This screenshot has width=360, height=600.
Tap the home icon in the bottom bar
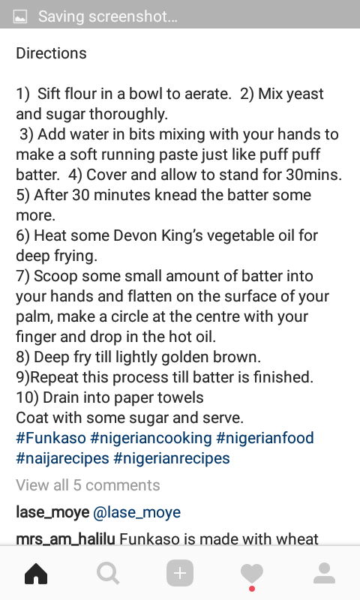pos(36,573)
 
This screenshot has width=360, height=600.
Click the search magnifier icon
pos(108,573)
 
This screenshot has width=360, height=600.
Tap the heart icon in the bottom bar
pos(252,573)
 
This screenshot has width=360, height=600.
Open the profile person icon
pos(324,573)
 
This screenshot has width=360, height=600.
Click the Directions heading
pos(51,53)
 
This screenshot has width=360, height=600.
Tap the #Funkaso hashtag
pos(51,438)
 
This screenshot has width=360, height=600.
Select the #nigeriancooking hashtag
pos(151,438)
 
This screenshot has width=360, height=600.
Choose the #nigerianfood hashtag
pos(265,438)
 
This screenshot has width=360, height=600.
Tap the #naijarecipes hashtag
pos(62,458)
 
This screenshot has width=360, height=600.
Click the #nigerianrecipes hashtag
pos(172,458)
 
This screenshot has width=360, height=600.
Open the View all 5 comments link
pos(88,485)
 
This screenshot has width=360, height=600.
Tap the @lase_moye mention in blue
pos(137,512)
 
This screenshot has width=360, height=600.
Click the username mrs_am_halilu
pos(65,539)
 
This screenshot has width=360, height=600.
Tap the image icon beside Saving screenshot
pos(20,16)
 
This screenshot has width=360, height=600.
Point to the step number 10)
pos(27,397)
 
